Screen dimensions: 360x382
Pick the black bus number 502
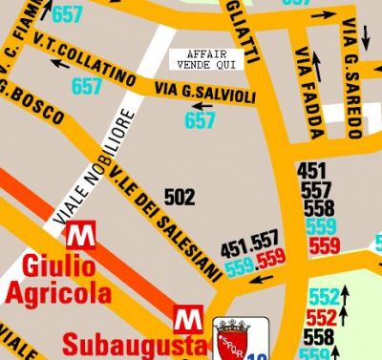coord(180,198)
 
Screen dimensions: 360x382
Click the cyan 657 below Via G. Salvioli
coord(200,121)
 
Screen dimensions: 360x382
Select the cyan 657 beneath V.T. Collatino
coord(87,86)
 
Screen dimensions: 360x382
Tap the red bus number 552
coord(323,316)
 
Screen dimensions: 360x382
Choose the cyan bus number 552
coord(324,297)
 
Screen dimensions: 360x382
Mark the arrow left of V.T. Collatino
coord(60,63)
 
